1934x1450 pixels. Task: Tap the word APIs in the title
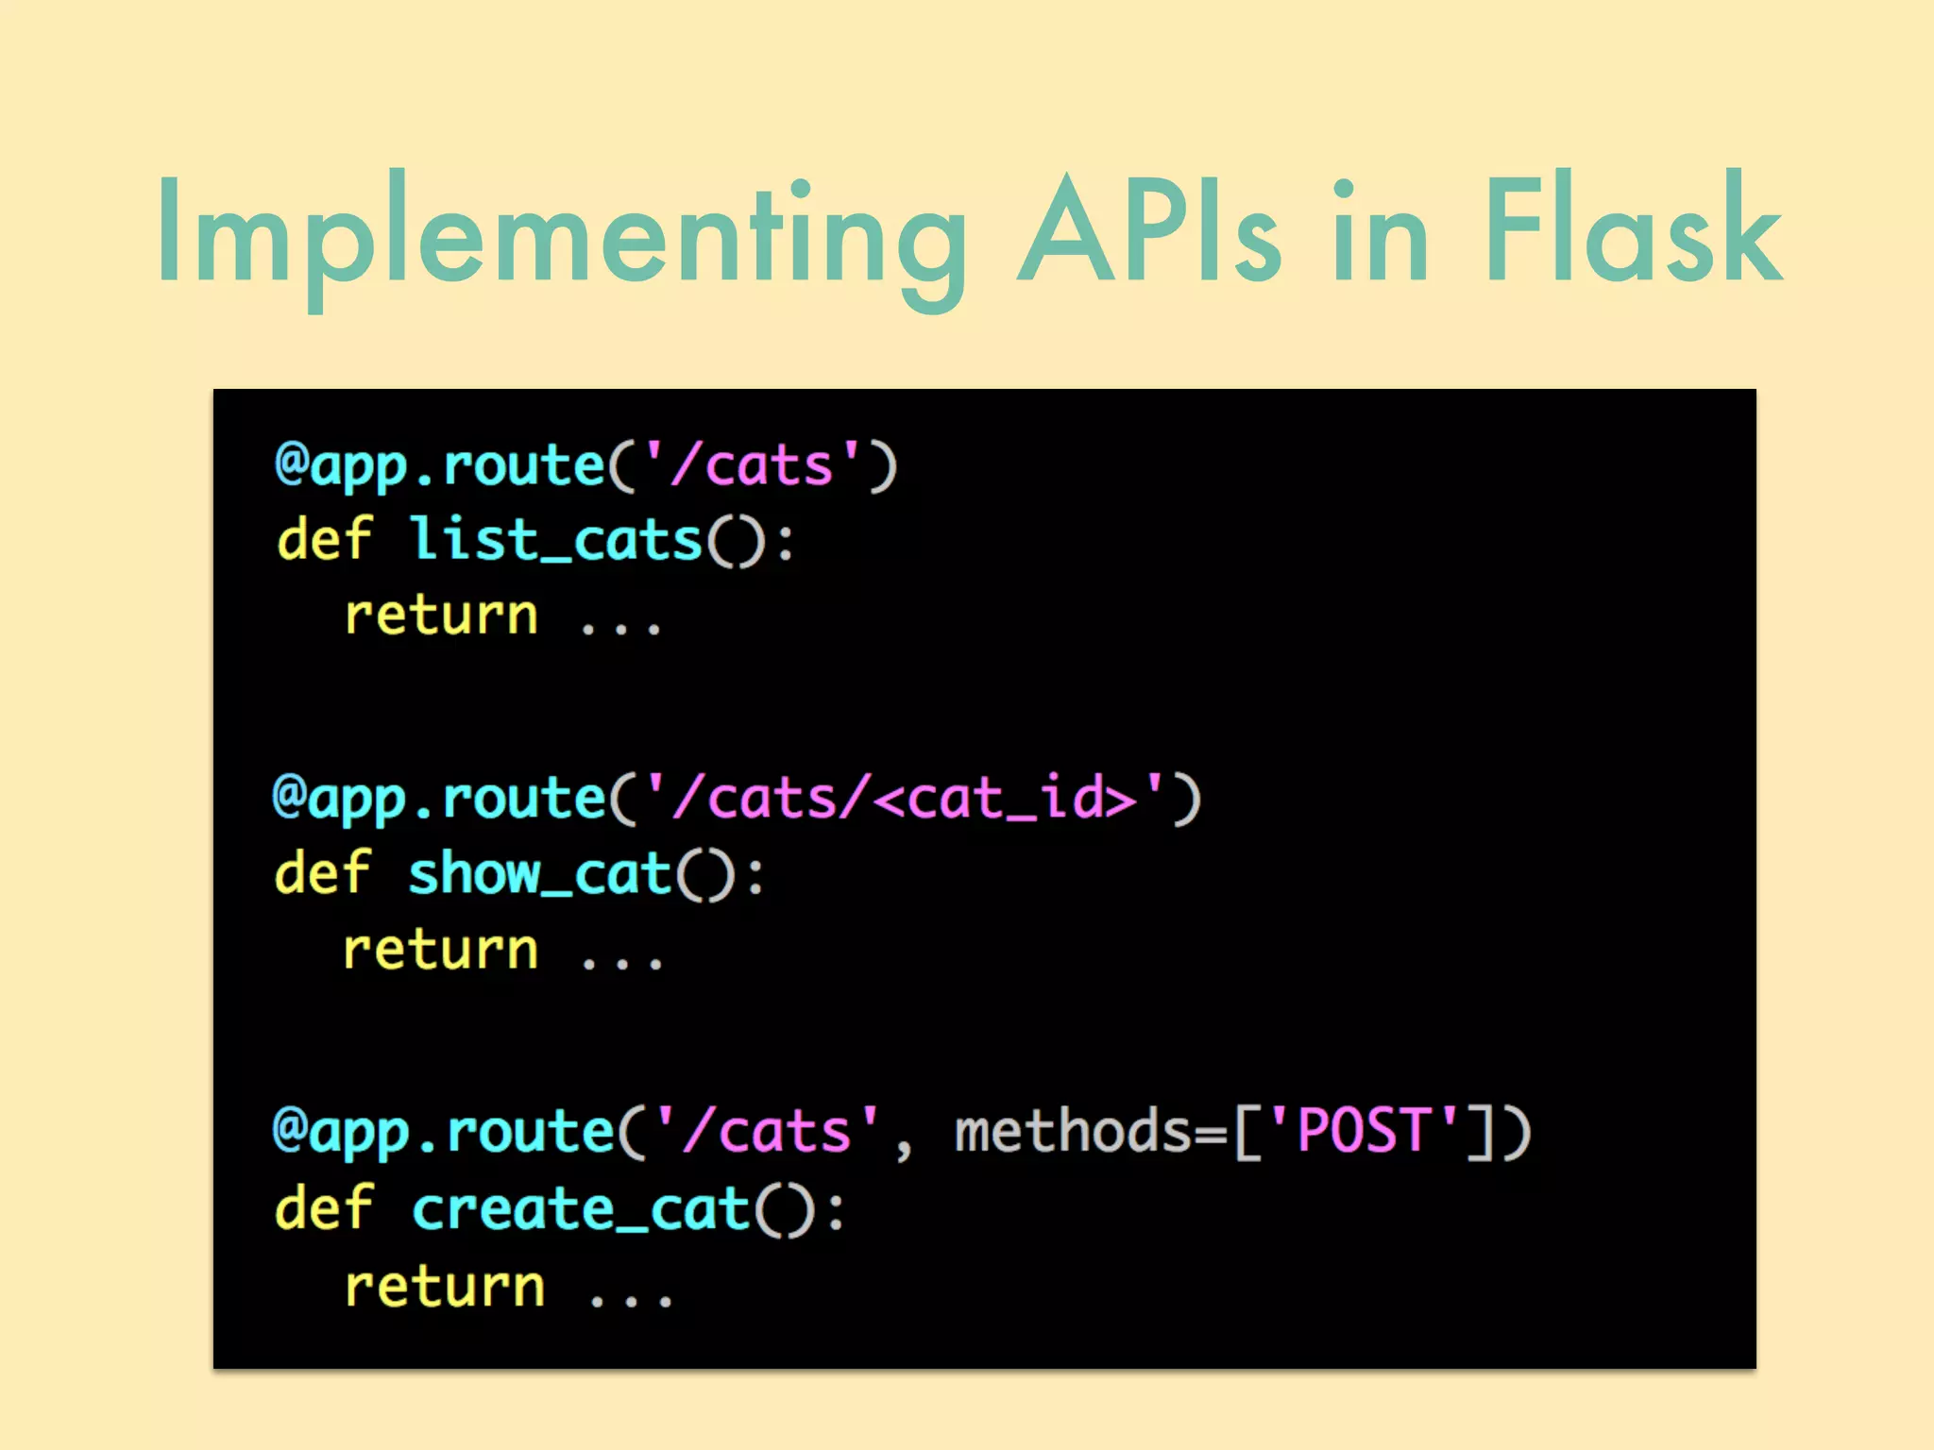click(1148, 231)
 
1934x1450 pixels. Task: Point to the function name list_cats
click(555, 540)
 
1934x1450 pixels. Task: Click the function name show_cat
click(539, 873)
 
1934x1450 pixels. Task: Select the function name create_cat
click(581, 1208)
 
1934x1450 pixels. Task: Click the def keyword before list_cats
click(324, 540)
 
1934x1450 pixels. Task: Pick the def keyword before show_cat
click(323, 873)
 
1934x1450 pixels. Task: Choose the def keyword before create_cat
click(324, 1208)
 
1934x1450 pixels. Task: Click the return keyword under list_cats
click(441, 615)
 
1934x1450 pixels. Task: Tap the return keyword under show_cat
click(441, 950)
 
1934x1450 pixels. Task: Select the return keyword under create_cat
click(445, 1286)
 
